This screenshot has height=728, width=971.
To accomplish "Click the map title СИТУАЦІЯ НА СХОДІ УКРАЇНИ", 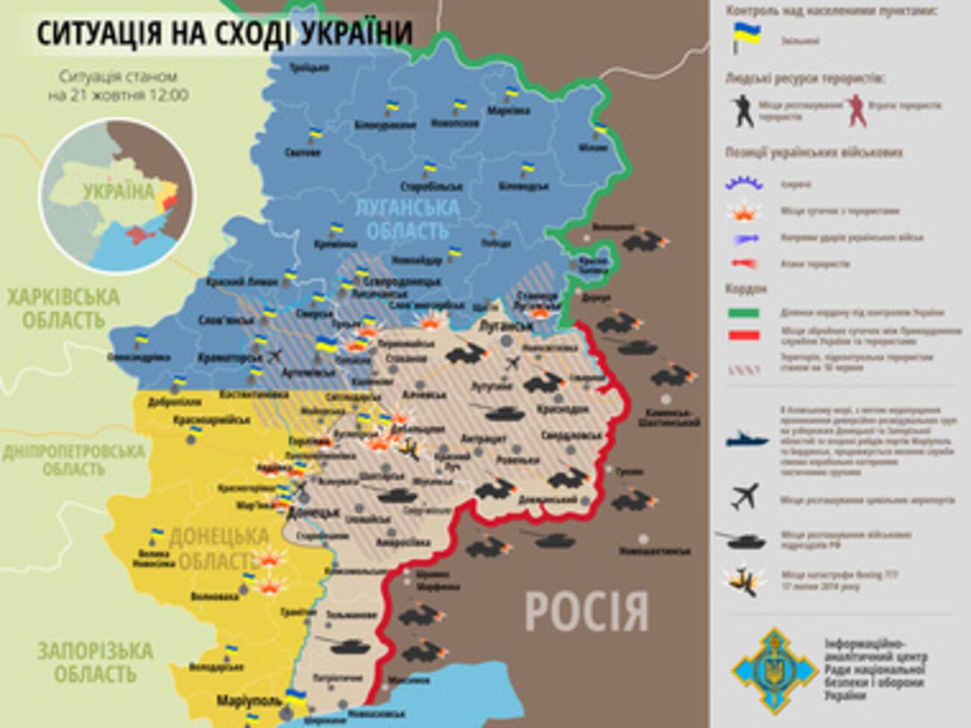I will tap(224, 33).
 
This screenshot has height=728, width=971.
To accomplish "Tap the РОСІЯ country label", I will tap(587, 611).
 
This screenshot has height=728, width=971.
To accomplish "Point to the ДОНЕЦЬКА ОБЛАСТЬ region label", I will tap(217, 548).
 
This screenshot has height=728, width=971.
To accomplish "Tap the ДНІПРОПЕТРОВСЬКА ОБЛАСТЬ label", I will tap(73, 460).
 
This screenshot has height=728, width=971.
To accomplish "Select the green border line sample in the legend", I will tap(743, 313).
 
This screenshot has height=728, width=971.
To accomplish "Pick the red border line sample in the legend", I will tap(743, 335).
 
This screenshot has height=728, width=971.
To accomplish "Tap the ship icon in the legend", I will tap(747, 439).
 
